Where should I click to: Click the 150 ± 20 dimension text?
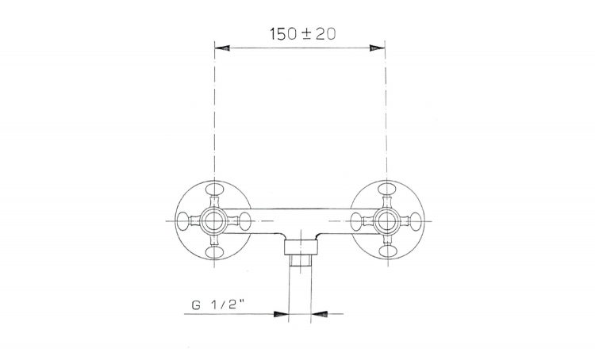303,34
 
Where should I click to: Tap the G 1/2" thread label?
218,305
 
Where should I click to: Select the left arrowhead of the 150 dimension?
222,48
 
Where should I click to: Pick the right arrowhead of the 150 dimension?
377,48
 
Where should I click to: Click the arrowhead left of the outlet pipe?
281,314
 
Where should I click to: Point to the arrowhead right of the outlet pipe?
318,314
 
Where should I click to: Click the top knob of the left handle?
214,189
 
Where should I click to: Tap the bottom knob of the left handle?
214,252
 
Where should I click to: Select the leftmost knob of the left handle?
184,220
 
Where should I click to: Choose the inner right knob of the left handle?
245,220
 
